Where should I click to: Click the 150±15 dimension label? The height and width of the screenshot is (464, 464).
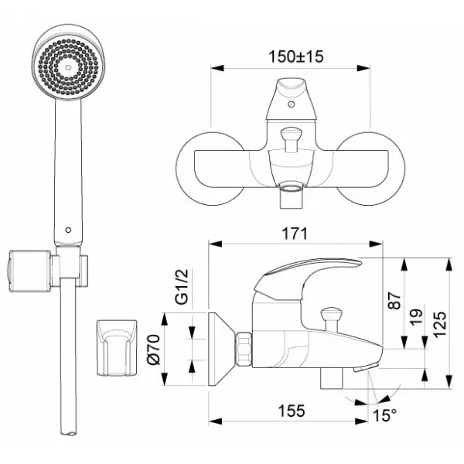pos(295,56)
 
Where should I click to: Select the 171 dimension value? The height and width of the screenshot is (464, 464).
pos(295,234)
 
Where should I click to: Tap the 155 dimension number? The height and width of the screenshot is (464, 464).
pos(292,411)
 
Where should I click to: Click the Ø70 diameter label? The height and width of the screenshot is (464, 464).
pos(154,350)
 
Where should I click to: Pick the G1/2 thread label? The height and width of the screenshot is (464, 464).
pos(182,287)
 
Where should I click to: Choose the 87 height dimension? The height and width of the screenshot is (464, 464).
pos(394,301)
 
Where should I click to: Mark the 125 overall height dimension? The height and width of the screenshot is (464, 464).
pos(439,324)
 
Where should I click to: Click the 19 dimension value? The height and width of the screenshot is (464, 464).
pos(416,317)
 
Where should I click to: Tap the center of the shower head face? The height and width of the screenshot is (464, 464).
pos(68,68)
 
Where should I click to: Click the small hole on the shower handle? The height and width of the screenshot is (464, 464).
pos(68,230)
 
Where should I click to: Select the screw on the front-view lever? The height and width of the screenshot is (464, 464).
pos(292,104)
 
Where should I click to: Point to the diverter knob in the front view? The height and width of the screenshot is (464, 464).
pos(291,139)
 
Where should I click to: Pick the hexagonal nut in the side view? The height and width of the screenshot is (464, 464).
pos(244,350)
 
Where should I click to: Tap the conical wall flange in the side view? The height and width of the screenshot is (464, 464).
pos(222,350)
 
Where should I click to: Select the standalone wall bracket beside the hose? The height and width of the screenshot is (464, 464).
pos(117,348)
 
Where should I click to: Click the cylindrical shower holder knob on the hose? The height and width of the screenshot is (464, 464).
pos(29,271)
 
